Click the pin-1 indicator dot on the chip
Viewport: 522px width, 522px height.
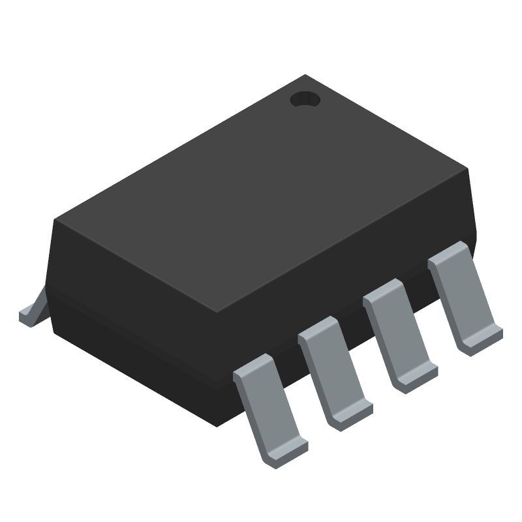tap(305, 100)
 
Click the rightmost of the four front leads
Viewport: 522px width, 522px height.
tap(465, 298)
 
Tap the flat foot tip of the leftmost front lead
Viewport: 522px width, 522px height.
tap(286, 455)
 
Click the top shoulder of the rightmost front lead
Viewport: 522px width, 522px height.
tap(448, 254)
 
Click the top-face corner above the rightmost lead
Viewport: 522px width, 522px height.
tap(468, 170)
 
